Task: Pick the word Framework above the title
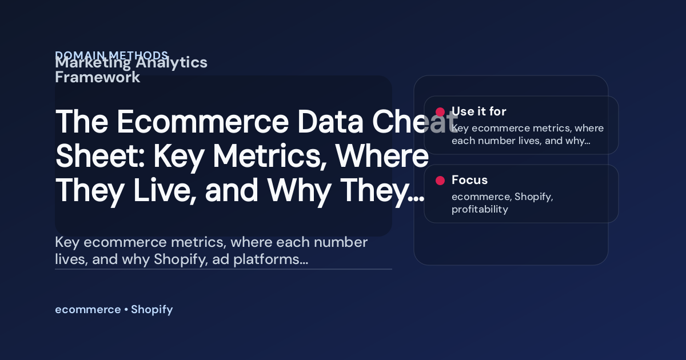[97, 78]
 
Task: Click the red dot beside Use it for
[440, 112]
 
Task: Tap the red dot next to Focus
[440, 181]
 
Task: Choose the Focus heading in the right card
[469, 180]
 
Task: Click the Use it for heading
[478, 111]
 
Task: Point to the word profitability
[480, 209]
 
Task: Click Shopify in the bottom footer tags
[151, 310]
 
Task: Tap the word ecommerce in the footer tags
[87, 310]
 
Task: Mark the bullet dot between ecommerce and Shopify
[126, 310]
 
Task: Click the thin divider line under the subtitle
[223, 269]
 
